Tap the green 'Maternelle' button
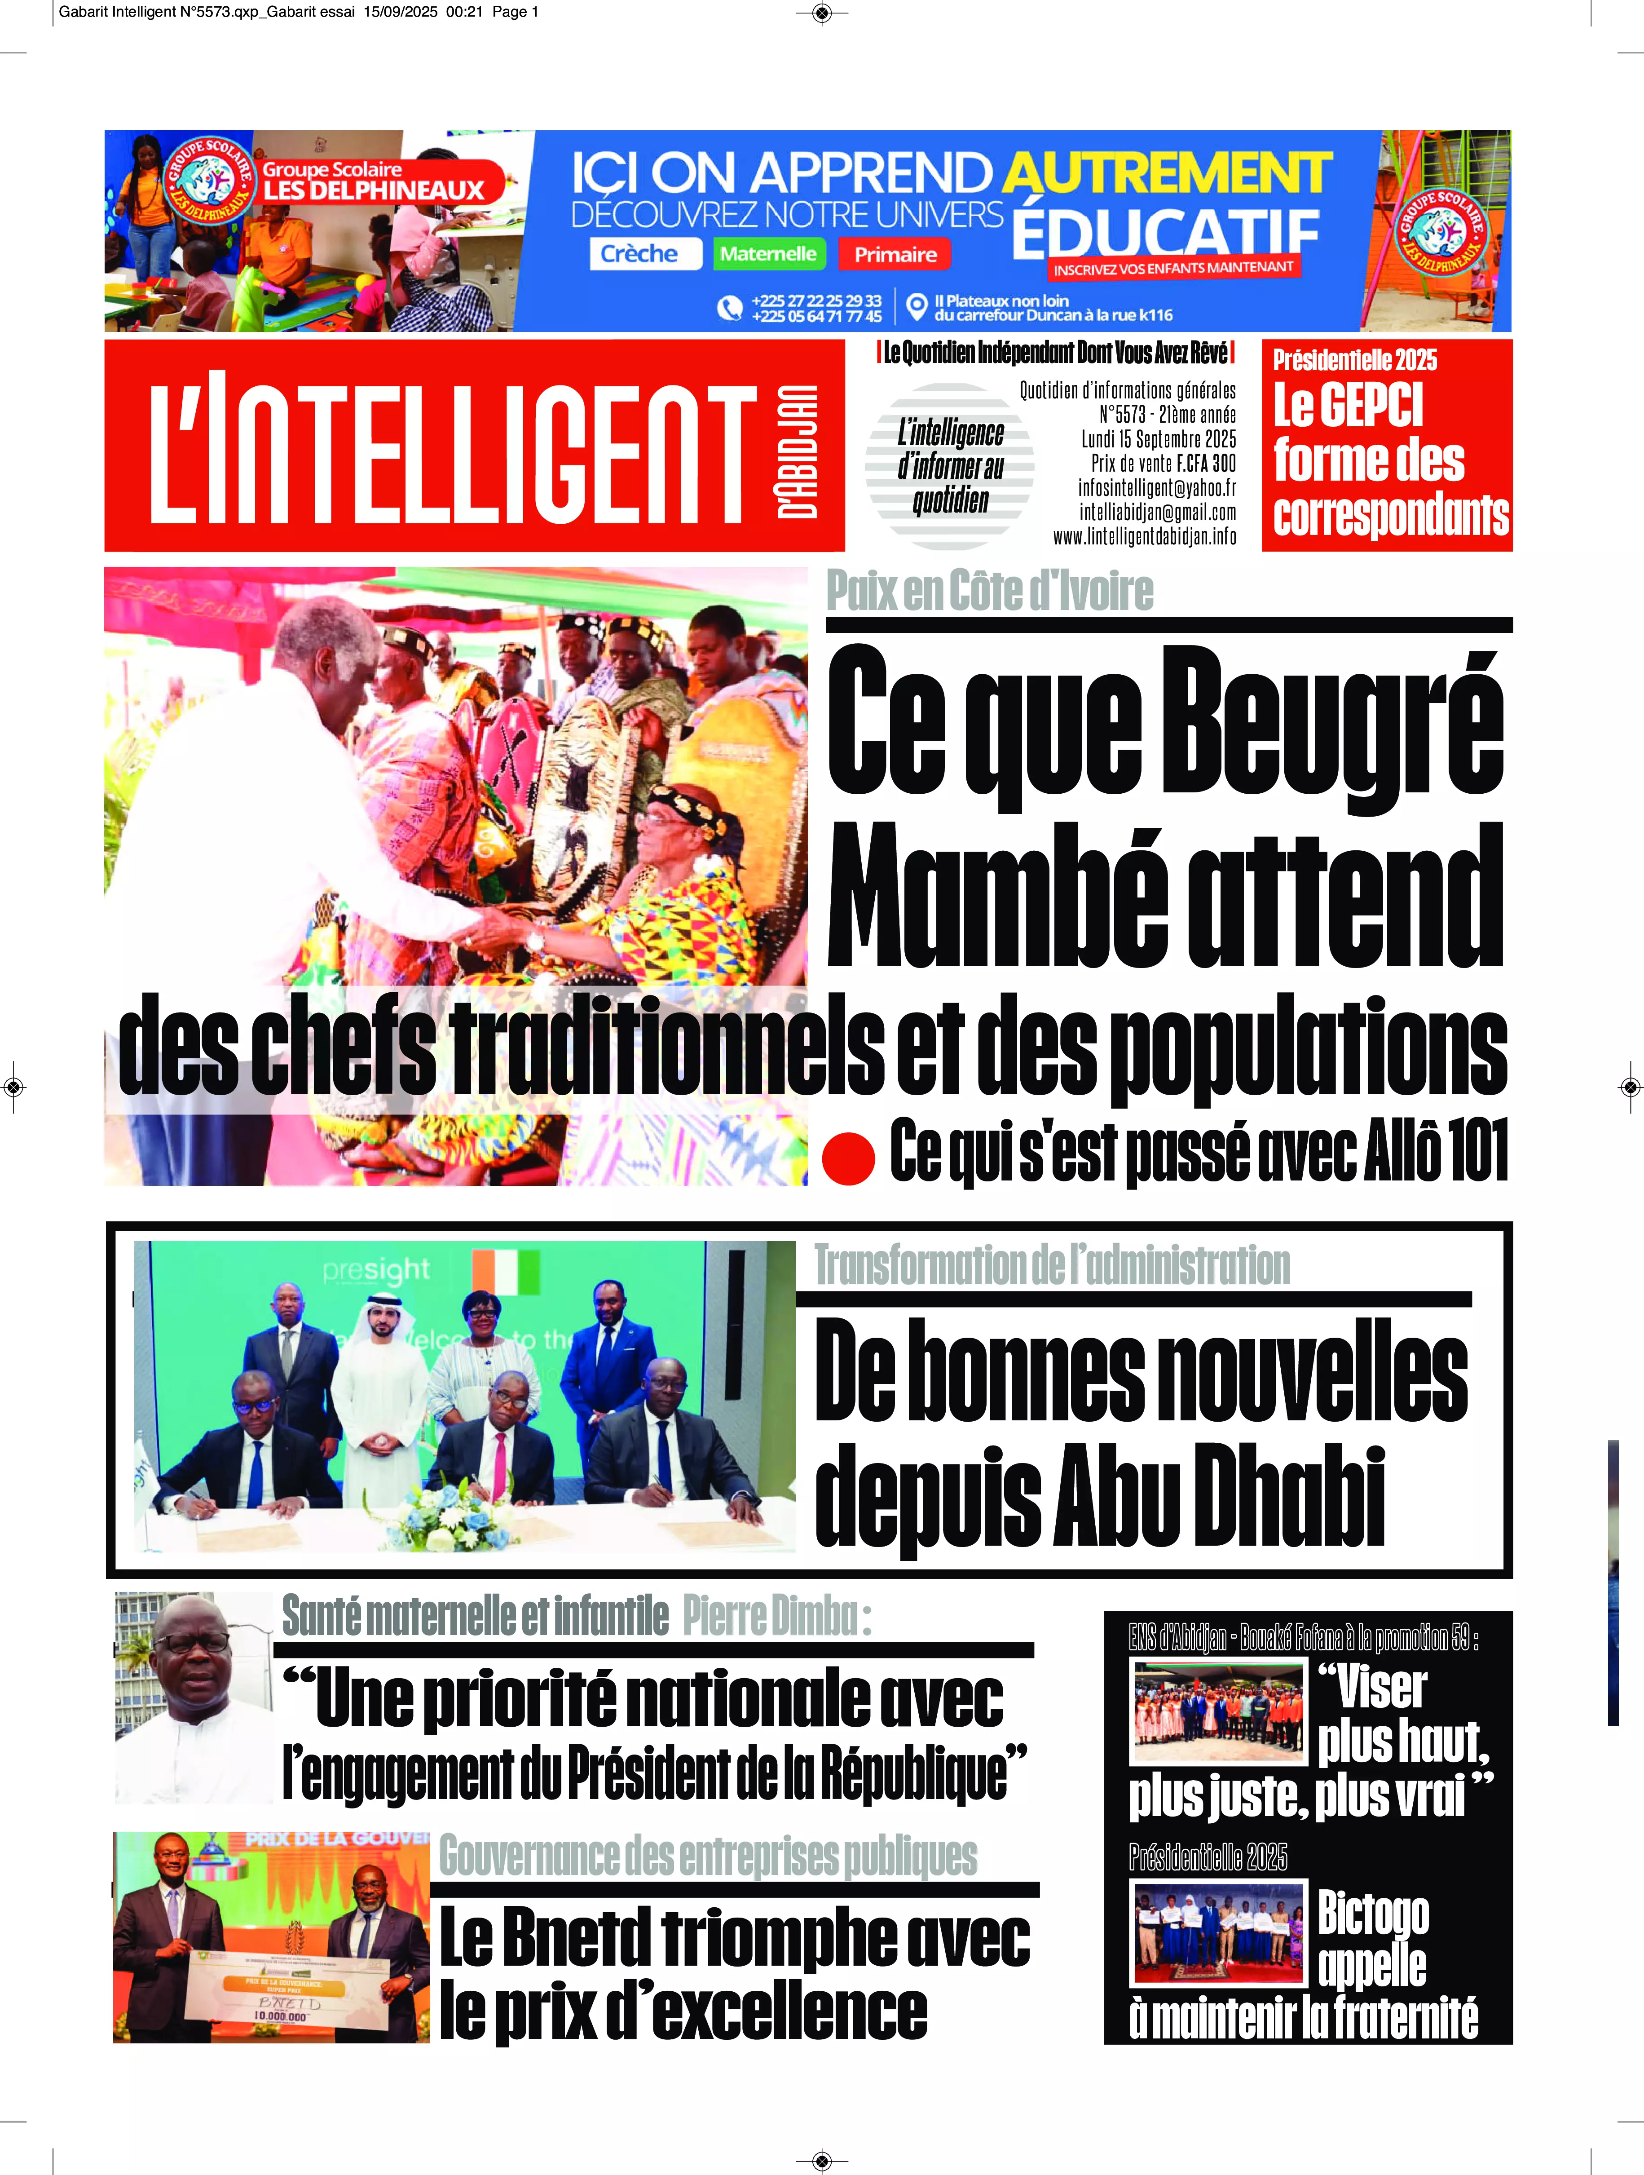point(768,254)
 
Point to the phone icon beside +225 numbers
point(728,308)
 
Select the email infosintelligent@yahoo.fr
point(1156,488)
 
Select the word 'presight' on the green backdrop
point(375,1270)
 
